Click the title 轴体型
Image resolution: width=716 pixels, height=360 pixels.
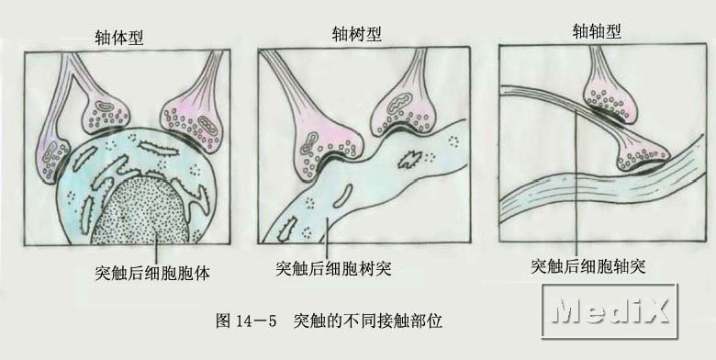(x=119, y=38)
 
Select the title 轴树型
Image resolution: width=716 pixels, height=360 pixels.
(x=357, y=34)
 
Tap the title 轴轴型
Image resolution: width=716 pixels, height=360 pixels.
(x=597, y=31)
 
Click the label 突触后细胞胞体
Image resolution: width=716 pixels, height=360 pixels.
(x=152, y=273)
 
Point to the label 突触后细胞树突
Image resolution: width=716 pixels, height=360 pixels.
(x=334, y=269)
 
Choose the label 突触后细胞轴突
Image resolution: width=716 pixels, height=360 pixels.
(x=588, y=266)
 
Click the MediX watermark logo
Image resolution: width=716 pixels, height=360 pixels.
(x=610, y=311)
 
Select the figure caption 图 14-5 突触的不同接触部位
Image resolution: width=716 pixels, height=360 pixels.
(x=329, y=321)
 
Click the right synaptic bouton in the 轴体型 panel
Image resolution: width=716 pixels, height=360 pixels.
(x=193, y=124)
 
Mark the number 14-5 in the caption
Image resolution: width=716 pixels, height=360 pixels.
(x=256, y=321)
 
